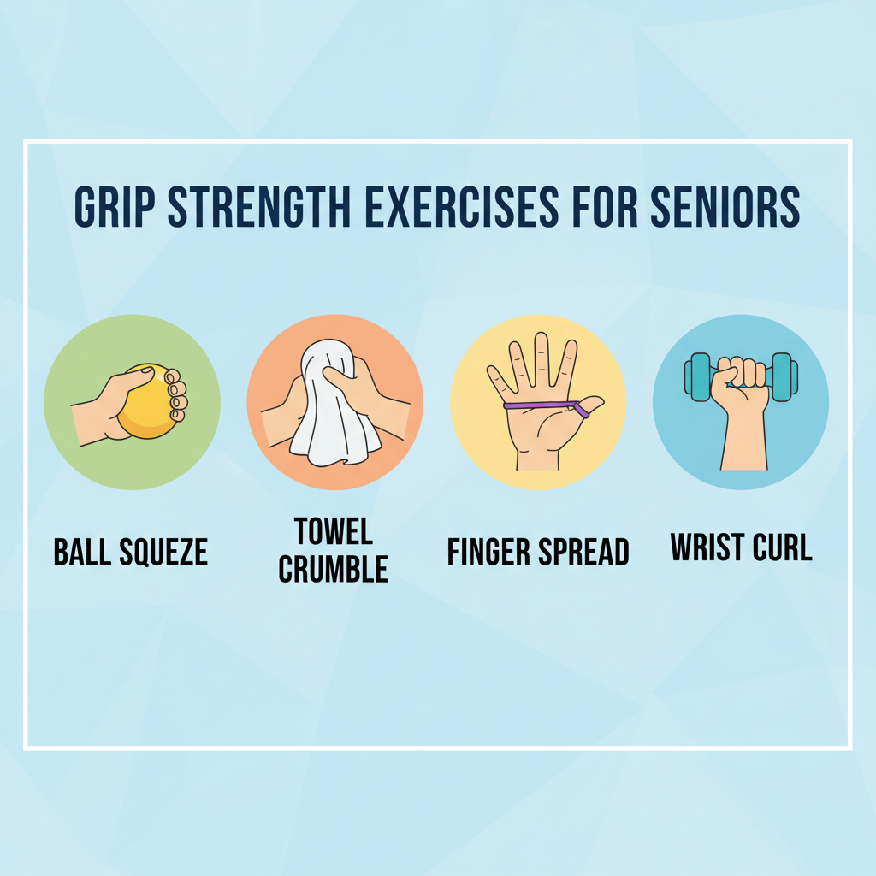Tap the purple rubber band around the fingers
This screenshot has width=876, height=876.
click(539, 405)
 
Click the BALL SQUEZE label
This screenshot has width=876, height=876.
click(131, 552)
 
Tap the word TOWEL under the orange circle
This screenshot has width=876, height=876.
click(334, 531)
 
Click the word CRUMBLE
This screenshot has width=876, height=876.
click(334, 569)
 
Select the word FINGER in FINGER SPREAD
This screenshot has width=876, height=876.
click(488, 552)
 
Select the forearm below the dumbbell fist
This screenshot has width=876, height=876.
click(742, 441)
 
